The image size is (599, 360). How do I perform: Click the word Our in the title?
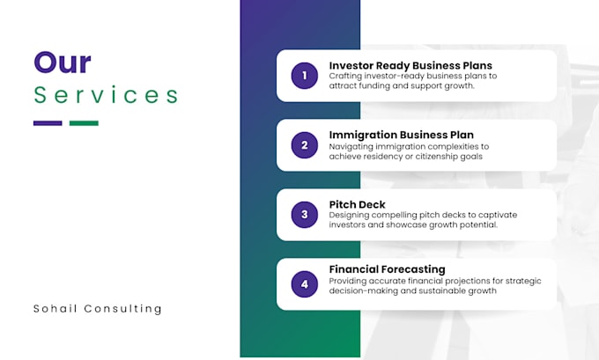click(x=62, y=62)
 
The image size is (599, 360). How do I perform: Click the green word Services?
click(x=106, y=95)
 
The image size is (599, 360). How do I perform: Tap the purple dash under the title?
click(x=48, y=123)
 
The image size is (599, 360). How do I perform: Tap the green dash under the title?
click(x=84, y=123)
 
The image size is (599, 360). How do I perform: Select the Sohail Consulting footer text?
click(x=98, y=309)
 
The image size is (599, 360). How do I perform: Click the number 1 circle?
click(x=304, y=76)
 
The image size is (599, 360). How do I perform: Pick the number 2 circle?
click(x=304, y=145)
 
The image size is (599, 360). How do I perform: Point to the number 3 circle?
click(x=304, y=214)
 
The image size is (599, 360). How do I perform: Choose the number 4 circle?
click(x=304, y=283)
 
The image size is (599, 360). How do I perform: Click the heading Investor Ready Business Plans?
click(x=410, y=65)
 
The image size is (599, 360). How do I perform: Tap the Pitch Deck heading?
click(x=357, y=204)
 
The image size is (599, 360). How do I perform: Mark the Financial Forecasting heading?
click(x=387, y=269)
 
